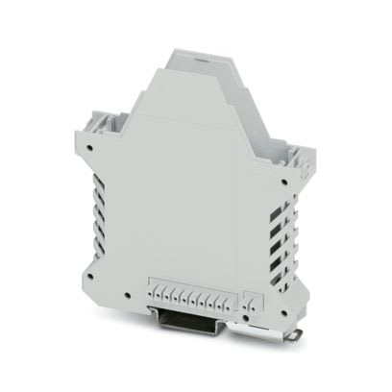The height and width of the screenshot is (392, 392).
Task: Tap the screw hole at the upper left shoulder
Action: click(88, 148)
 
